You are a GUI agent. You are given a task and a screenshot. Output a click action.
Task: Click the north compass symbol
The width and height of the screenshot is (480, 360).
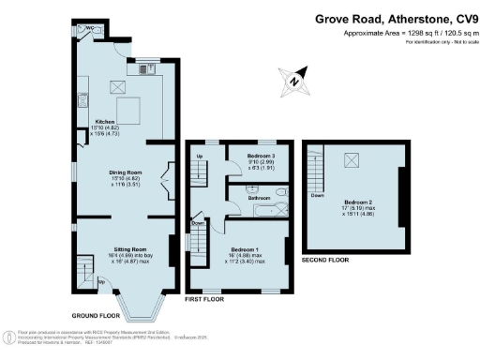click(x=295, y=81)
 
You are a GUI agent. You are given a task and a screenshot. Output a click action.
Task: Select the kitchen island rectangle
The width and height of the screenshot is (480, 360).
click(x=128, y=109)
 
